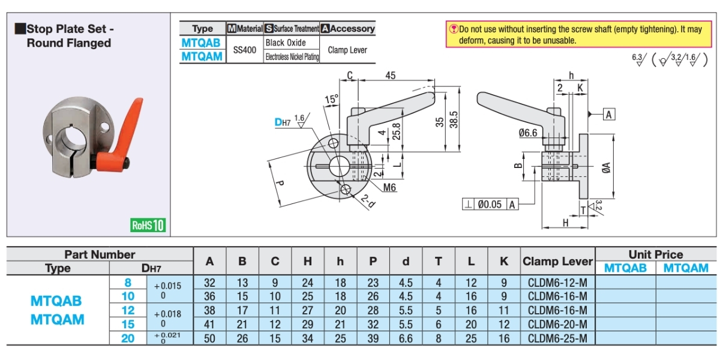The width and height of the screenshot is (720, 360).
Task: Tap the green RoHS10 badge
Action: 148,226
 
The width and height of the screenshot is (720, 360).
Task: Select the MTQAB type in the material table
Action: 201,43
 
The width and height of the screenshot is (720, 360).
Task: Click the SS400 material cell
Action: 245,50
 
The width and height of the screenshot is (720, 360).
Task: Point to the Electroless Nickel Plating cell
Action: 292,57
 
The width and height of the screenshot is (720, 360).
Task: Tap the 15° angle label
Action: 331,99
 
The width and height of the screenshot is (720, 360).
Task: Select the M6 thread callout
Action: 389,187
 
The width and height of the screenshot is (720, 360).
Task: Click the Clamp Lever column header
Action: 557,262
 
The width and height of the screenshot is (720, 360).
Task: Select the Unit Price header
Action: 656,254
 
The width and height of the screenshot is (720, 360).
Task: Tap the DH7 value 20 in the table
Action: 128,338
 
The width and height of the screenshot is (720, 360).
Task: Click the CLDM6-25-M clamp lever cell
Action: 557,338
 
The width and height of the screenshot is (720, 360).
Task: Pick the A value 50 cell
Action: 209,338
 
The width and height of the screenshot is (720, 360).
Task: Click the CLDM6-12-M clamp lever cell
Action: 557,283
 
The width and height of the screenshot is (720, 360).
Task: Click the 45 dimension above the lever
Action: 391,76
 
